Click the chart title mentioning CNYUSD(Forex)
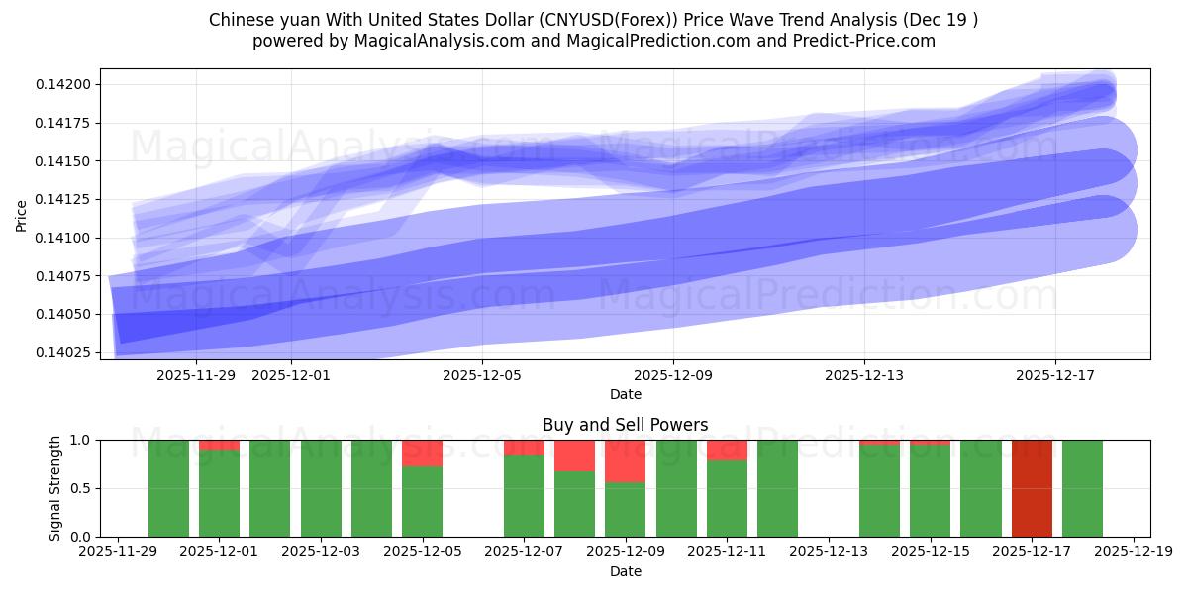593,20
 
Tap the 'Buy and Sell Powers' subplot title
625,425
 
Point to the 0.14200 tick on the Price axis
63,85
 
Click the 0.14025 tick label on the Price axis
63,352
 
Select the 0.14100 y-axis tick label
63,238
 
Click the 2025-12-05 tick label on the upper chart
482,375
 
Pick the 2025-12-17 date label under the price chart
1054,375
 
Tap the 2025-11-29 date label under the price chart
196,375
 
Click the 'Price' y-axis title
22,214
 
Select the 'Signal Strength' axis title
55,488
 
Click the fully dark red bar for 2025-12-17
1032,488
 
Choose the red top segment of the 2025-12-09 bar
625,461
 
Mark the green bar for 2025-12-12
777,488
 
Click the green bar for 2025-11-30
168,488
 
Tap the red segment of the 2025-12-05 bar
422,453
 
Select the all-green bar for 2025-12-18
1082,488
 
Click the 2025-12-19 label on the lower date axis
1133,552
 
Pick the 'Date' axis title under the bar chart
625,571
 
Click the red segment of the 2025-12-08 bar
574,455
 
